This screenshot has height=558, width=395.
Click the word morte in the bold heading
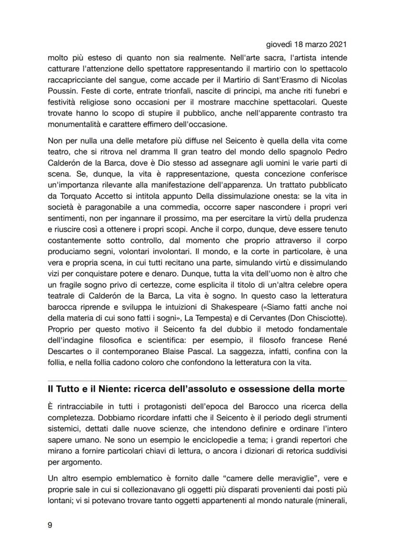[329, 389]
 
